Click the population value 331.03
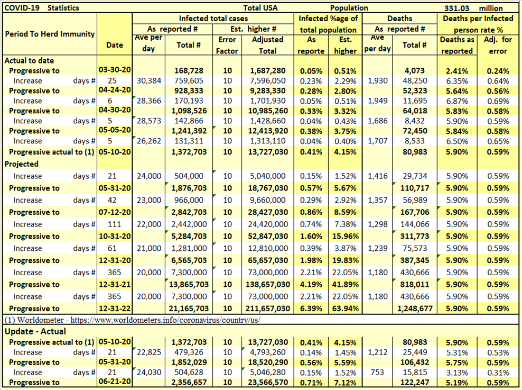click(460, 8)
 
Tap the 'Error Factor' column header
click(227, 45)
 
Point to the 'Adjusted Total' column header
click(267, 45)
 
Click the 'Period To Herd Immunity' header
click(50, 34)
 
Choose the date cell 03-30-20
click(115, 70)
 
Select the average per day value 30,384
click(148, 80)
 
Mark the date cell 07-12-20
click(115, 212)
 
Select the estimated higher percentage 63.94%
click(346, 309)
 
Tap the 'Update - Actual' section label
click(35, 332)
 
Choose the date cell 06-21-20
click(115, 382)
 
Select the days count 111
click(115, 224)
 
